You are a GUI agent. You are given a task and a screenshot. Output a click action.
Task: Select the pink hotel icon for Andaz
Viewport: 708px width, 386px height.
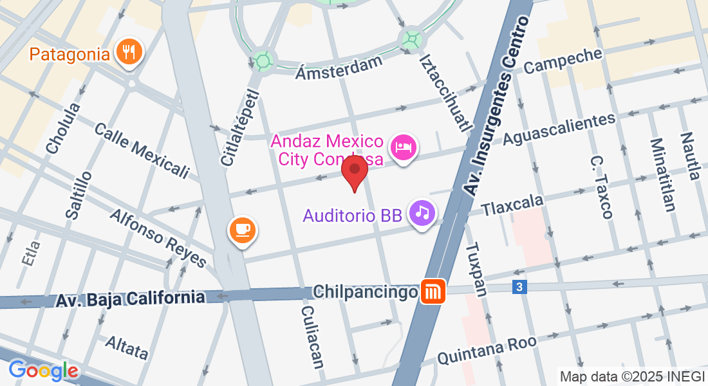tap(404, 147)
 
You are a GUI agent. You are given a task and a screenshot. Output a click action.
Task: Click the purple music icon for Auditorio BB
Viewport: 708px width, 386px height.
tap(422, 212)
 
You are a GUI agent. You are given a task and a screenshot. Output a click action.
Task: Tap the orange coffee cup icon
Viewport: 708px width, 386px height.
tap(243, 229)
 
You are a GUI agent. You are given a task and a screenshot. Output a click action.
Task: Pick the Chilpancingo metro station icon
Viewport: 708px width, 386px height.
tap(431, 292)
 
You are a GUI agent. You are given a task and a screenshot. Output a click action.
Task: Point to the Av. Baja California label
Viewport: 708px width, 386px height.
tap(130, 299)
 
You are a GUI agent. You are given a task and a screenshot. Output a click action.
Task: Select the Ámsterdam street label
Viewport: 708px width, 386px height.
tap(339, 66)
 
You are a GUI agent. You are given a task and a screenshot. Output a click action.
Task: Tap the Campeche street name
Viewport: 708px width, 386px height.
tap(563, 60)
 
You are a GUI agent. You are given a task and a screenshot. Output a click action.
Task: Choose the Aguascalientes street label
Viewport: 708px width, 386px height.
tap(559, 129)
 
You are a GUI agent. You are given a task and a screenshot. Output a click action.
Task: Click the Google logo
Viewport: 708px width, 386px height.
tap(43, 371)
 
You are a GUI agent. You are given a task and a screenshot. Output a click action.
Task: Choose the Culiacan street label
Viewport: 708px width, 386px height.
tap(312, 336)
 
